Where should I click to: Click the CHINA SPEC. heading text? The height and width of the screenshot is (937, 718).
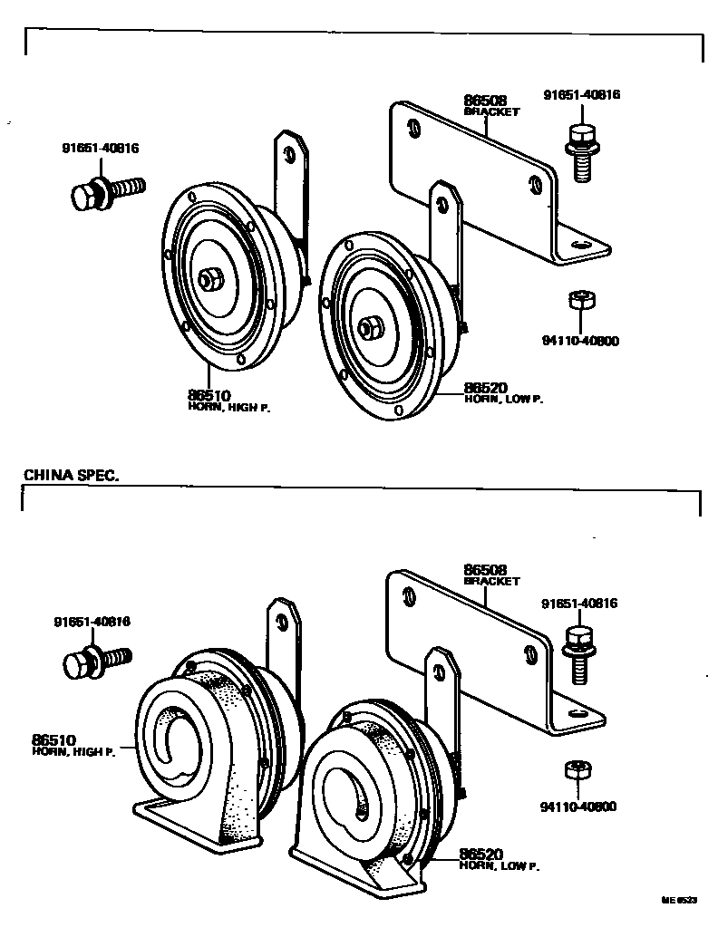click(x=72, y=475)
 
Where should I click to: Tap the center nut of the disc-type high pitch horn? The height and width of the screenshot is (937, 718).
click(x=209, y=280)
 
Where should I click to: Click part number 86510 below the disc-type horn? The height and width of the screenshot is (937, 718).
click(x=209, y=396)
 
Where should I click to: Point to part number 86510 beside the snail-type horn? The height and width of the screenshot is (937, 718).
click(x=54, y=740)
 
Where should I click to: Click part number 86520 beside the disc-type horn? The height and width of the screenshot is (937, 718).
click(x=486, y=387)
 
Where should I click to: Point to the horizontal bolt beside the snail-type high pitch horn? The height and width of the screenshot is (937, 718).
click(x=96, y=661)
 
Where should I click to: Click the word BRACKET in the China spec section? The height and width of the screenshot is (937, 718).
click(x=491, y=581)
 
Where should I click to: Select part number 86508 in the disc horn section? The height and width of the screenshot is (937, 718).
click(x=485, y=101)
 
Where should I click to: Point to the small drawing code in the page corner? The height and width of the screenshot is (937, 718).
click(x=679, y=900)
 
